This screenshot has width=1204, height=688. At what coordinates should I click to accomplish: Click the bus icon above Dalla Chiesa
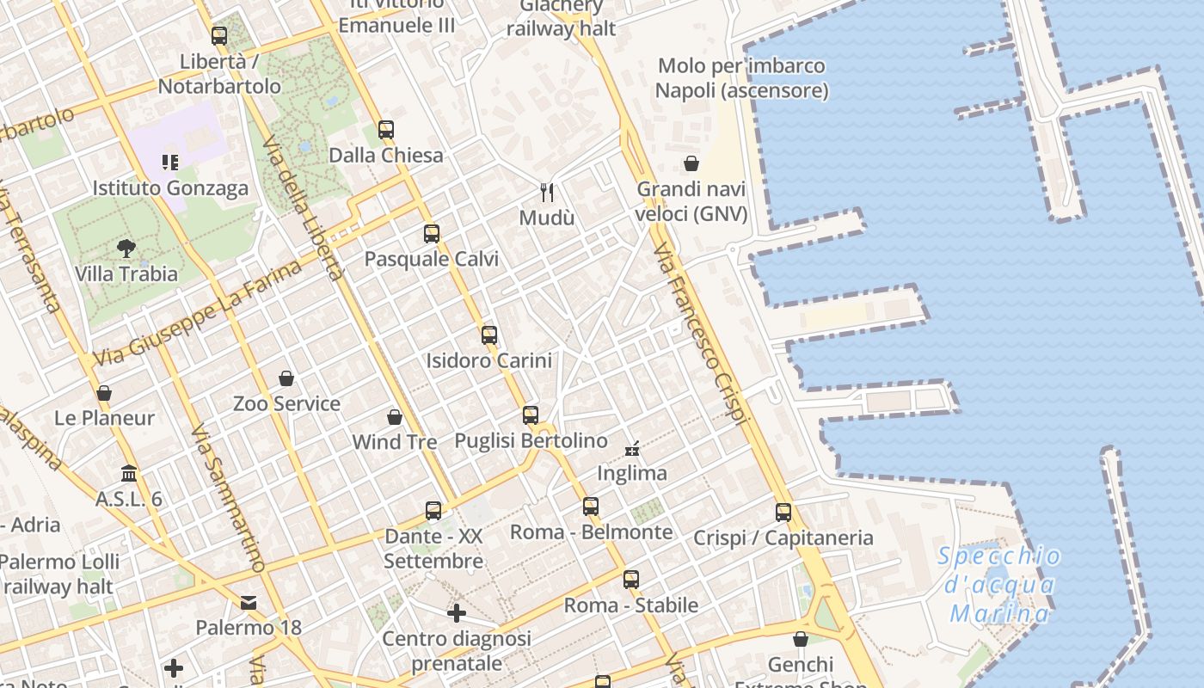tap(386, 130)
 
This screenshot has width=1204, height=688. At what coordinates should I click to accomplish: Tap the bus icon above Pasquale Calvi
tap(432, 233)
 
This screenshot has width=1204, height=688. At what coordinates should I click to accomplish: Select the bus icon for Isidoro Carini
tap(489, 335)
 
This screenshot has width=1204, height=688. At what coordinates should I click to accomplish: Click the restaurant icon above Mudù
tap(547, 192)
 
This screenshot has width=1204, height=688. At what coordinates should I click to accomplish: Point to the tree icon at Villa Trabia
tap(126, 249)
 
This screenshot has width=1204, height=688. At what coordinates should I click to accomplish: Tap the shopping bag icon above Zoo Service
tap(286, 378)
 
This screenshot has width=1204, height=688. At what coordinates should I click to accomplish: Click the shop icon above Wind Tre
tap(395, 417)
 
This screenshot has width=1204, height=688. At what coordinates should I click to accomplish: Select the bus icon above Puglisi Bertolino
tap(531, 415)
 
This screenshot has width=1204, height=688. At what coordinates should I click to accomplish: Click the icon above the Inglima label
tap(632, 448)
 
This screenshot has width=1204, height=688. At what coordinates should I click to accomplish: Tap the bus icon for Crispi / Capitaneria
tap(783, 513)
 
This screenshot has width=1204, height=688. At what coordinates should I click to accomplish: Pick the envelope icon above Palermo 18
tap(249, 603)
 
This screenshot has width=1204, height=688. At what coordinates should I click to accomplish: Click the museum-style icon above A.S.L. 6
tap(129, 474)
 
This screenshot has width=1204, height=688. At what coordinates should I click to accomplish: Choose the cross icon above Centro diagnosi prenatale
tap(457, 613)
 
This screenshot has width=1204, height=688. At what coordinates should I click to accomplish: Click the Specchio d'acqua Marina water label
tap(999, 585)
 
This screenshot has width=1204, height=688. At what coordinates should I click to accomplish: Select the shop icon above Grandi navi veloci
tap(691, 163)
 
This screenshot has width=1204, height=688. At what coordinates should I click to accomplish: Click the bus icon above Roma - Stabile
tap(631, 580)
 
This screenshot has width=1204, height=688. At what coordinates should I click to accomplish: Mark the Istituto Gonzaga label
tap(170, 188)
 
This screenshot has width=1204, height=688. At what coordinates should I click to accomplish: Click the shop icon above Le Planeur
tap(104, 393)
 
